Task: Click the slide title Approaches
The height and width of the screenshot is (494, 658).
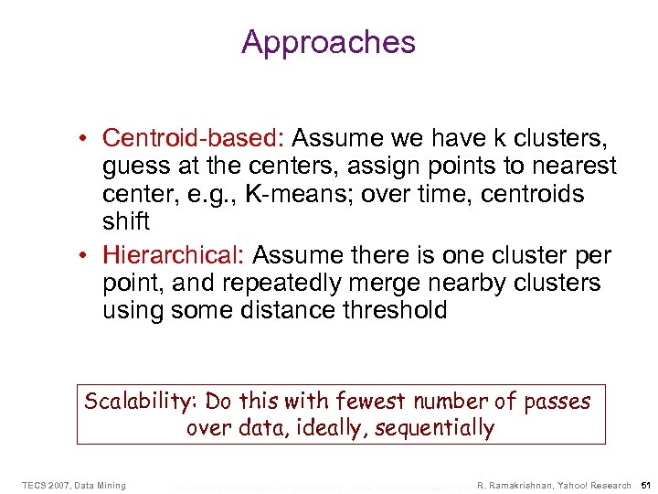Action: coord(328,42)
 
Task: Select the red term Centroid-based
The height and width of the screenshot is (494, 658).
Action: coord(196,138)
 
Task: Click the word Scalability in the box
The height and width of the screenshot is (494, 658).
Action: coord(141,401)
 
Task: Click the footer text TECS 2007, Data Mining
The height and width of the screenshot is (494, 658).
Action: coord(74,485)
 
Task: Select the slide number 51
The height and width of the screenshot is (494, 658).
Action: coord(645,485)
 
